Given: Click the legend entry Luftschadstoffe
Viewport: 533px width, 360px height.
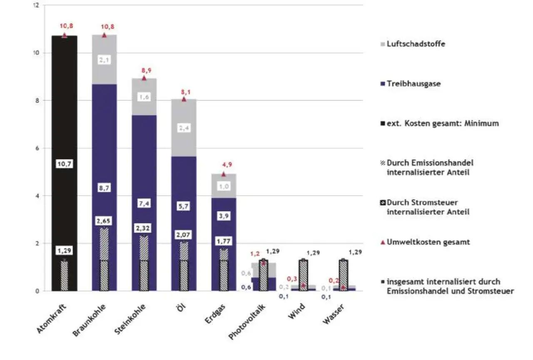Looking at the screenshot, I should pyautogui.click(x=415, y=43).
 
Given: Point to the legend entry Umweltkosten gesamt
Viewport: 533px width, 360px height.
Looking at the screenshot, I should pyautogui.click(x=428, y=242).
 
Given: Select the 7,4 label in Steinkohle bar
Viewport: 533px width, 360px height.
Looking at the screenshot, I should pyautogui.click(x=144, y=204).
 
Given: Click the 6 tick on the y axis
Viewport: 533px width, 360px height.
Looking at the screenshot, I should pyautogui.click(x=37, y=148).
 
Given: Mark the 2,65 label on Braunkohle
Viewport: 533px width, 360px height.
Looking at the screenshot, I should pyautogui.click(x=104, y=221).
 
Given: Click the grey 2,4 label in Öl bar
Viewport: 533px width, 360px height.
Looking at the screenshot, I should pyautogui.click(x=184, y=129).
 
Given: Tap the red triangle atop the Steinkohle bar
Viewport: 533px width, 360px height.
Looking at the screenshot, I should pyautogui.click(x=144, y=78).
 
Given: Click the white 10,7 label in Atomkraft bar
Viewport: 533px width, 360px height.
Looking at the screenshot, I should pyautogui.click(x=64, y=164).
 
